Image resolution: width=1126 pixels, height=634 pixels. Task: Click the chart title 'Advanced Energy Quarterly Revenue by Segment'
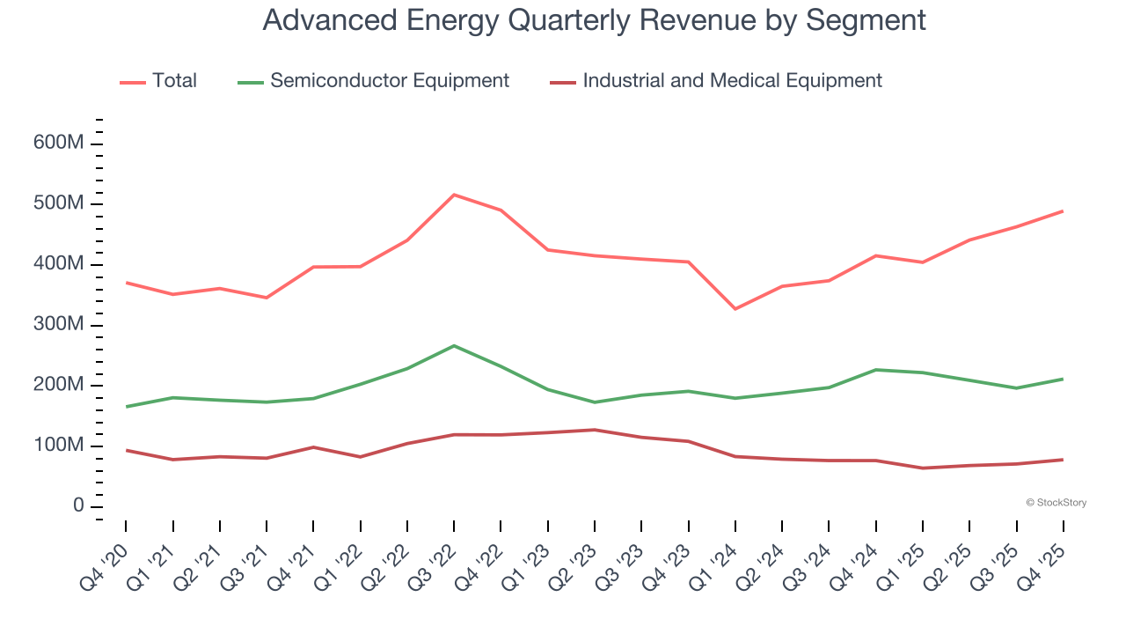tap(594, 20)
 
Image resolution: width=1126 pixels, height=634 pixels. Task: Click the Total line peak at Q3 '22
tap(454, 195)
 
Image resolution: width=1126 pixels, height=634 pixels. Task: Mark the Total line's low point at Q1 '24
tap(735, 309)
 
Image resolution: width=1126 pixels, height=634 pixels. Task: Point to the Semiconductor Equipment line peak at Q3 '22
tap(454, 345)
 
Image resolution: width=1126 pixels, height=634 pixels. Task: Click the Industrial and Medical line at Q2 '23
tap(595, 430)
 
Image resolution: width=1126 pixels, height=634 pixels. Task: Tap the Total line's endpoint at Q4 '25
tap(1063, 211)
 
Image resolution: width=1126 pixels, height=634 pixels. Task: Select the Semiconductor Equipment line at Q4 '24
tap(876, 370)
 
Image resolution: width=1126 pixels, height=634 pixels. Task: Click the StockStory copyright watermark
tap(1056, 503)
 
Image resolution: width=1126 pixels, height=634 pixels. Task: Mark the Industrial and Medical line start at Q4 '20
tap(126, 450)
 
